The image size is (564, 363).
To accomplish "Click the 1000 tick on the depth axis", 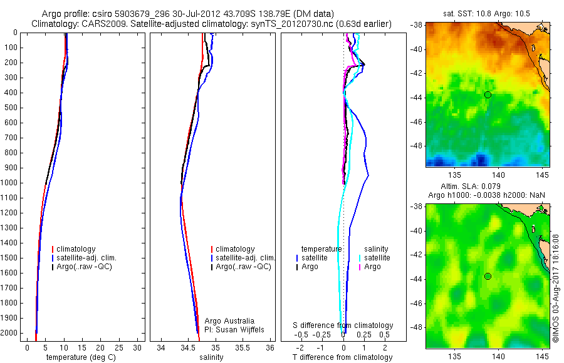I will [x=11, y=183].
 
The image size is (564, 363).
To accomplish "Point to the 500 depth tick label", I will [x=11, y=108].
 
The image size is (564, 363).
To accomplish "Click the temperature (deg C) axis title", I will [x=81, y=357].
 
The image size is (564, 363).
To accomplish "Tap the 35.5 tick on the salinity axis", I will [x=243, y=347].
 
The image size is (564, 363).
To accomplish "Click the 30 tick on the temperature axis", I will [x=138, y=347].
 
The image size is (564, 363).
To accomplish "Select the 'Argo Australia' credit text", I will [x=230, y=320].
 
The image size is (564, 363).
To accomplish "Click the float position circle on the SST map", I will [x=488, y=95].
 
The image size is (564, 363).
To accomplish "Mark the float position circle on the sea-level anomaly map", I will [x=488, y=276].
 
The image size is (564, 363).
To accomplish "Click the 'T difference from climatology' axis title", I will [x=342, y=357].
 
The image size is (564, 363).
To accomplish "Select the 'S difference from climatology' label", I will [x=343, y=325].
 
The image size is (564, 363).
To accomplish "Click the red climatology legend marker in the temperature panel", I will [x=53, y=249].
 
